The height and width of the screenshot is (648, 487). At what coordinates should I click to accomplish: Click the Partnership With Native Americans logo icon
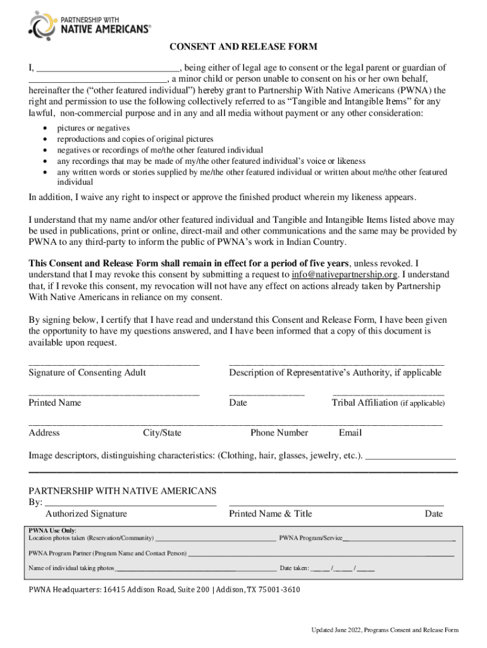[42, 24]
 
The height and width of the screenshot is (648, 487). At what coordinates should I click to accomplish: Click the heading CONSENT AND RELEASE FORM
[243, 47]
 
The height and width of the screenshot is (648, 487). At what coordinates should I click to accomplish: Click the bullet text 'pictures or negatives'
[94, 128]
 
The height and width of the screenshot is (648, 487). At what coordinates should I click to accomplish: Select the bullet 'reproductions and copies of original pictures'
[135, 139]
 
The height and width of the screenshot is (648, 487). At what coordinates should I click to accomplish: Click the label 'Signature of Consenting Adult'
[87, 373]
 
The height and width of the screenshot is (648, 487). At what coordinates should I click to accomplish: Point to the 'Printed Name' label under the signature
[54, 402]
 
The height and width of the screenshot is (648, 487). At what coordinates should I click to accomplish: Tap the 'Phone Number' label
[279, 433]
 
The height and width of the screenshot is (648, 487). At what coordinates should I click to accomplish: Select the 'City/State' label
[162, 433]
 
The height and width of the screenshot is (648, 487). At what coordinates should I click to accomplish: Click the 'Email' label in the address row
[350, 433]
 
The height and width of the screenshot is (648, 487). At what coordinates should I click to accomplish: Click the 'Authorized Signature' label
[86, 514]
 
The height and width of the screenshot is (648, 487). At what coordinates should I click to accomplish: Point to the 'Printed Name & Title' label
[270, 514]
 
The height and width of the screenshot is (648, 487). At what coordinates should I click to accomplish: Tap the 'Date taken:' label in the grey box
[294, 568]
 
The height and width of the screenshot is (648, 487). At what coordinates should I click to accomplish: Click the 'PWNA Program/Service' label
[311, 539]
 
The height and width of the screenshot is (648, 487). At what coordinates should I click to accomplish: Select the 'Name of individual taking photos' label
[71, 568]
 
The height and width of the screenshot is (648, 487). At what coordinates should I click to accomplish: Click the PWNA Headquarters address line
[164, 590]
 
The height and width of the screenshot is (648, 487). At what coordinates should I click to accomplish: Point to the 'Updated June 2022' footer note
[384, 630]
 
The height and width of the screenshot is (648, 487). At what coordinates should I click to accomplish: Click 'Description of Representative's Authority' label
[335, 373]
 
